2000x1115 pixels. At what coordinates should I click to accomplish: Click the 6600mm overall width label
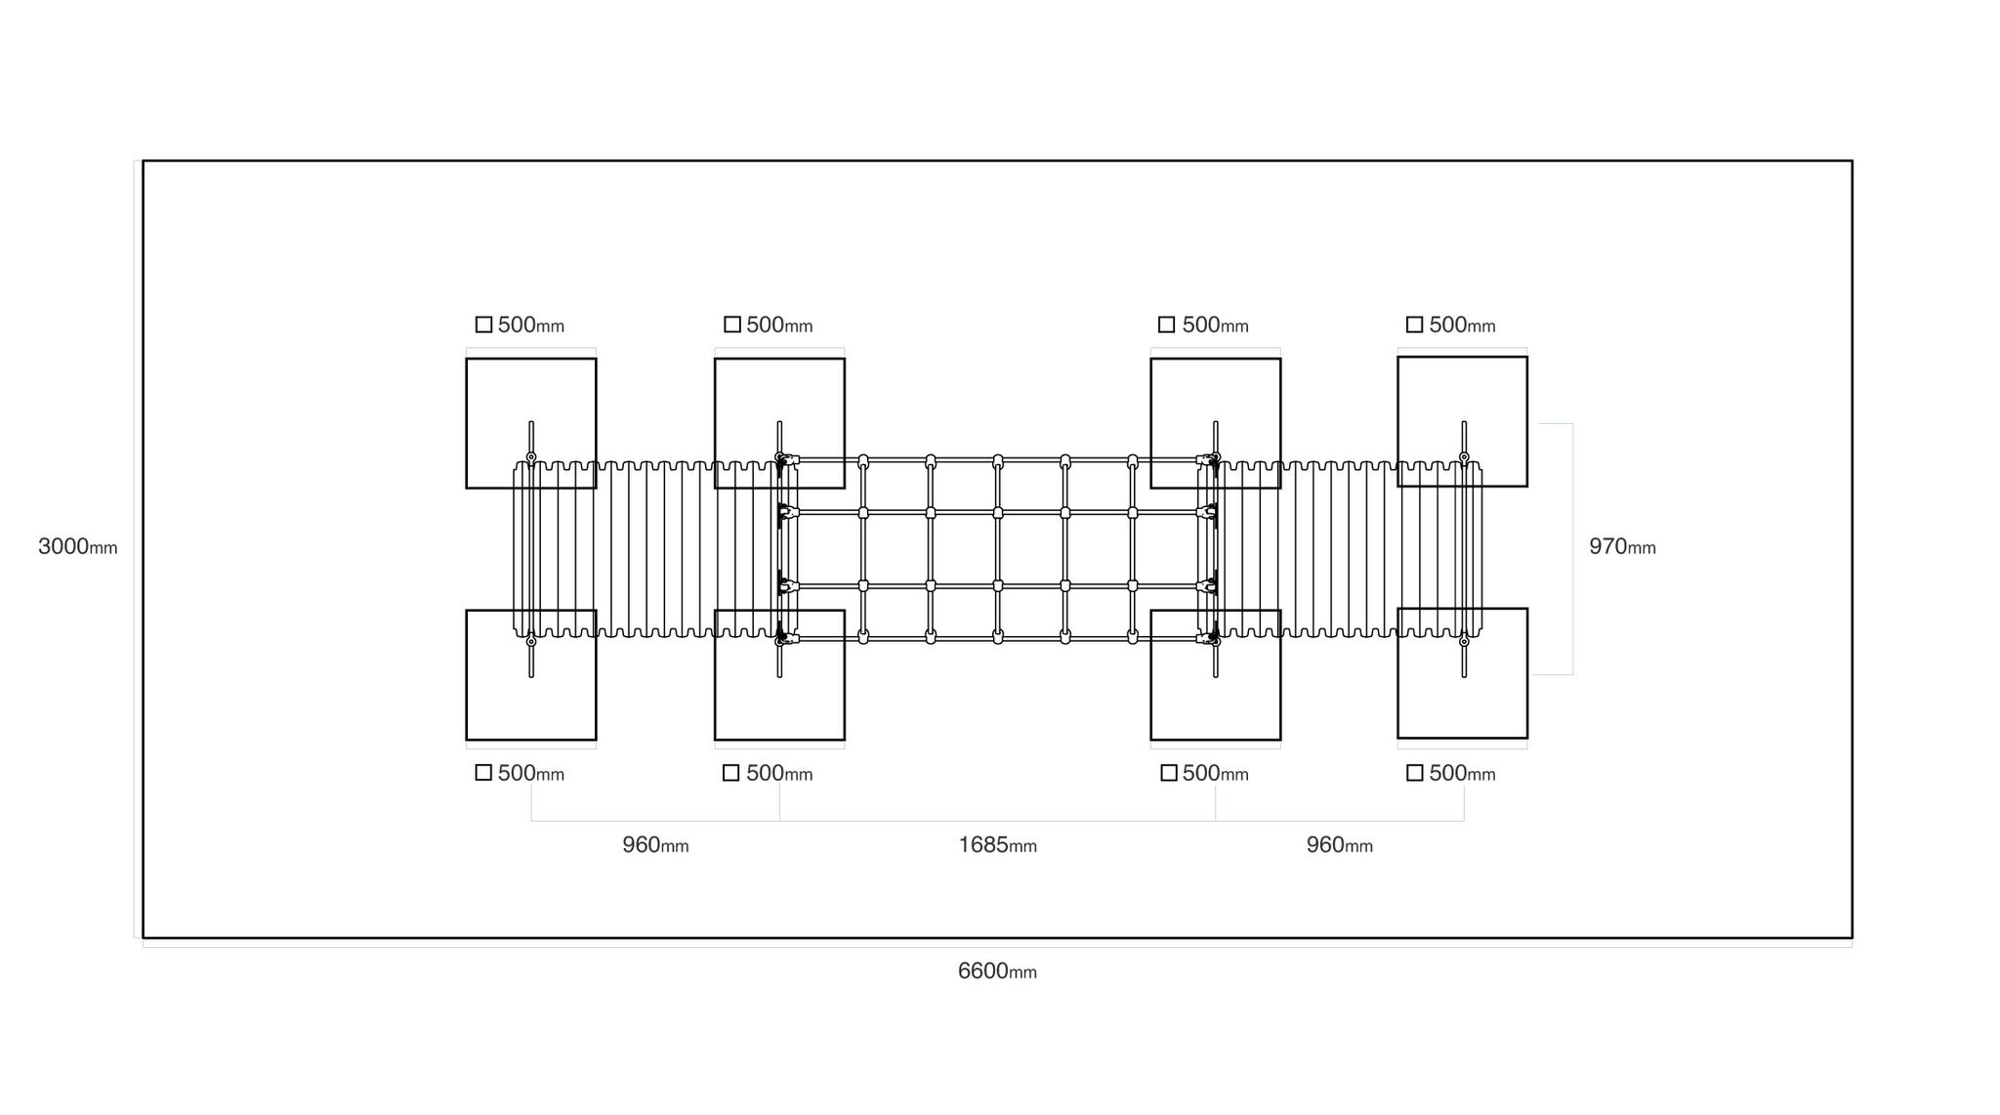[x=997, y=971]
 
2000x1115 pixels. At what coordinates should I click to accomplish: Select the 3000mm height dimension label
[x=77, y=546]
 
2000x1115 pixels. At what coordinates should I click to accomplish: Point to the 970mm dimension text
[x=1622, y=546]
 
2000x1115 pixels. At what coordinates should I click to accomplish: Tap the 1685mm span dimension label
[x=997, y=845]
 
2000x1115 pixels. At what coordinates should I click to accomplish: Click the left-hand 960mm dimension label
[x=655, y=845]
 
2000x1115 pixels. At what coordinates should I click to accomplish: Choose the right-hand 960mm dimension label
[x=1340, y=845]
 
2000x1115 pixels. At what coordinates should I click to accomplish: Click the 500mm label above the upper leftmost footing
[x=531, y=325]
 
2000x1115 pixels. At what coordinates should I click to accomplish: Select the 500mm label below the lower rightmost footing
[x=1462, y=774]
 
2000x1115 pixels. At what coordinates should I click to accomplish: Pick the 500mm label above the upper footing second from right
[x=1215, y=325]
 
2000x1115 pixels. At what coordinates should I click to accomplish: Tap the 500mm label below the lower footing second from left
[x=779, y=774]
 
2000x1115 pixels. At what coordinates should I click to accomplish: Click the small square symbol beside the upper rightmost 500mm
[x=1414, y=324]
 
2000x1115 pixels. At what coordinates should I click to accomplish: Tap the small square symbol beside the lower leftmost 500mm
[x=483, y=773]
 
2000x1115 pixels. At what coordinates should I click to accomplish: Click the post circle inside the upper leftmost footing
[x=531, y=457]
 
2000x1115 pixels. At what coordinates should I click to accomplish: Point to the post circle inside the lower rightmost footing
[x=1464, y=641]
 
